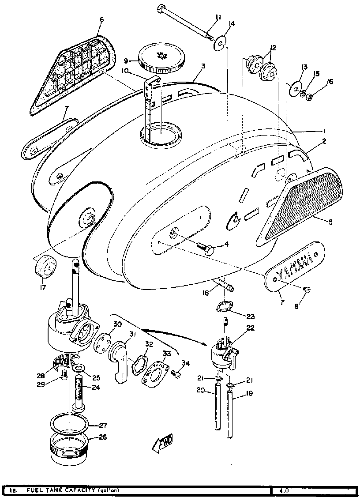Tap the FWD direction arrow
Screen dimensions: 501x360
[162, 442]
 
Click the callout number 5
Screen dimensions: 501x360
[330, 222]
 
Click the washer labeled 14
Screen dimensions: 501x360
[221, 43]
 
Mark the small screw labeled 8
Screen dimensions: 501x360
[307, 289]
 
